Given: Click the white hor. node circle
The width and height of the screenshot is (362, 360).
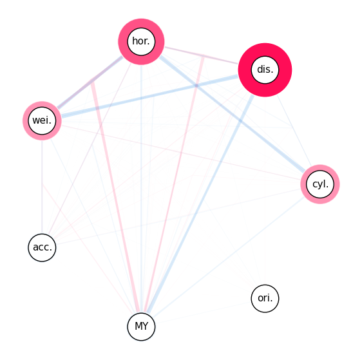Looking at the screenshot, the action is point(141,41).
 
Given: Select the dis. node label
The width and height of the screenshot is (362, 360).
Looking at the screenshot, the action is point(265,70).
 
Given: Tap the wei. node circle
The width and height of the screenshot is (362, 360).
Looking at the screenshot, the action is point(42,120).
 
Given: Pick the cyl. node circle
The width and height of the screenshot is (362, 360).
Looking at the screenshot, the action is point(320,184).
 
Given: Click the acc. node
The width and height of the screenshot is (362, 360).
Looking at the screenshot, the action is point(42,247).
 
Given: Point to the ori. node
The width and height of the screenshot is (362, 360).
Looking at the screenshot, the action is point(265,298).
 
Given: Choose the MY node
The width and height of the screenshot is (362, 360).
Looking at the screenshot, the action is point(141,327).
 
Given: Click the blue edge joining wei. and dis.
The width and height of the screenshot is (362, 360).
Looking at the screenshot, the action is point(150,96).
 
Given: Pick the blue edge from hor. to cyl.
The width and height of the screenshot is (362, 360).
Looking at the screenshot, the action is point(233,114).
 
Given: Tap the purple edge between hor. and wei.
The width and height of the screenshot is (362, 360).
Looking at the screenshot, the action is point(90,82).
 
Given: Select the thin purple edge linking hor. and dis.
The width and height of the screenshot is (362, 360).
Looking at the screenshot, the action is point(201,55).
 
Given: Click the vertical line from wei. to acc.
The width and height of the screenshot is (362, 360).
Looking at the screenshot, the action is point(42,187).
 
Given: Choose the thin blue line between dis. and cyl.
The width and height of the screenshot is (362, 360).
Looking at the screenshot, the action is point(294,131).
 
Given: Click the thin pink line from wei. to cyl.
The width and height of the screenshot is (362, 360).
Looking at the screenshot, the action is point(182,153).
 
